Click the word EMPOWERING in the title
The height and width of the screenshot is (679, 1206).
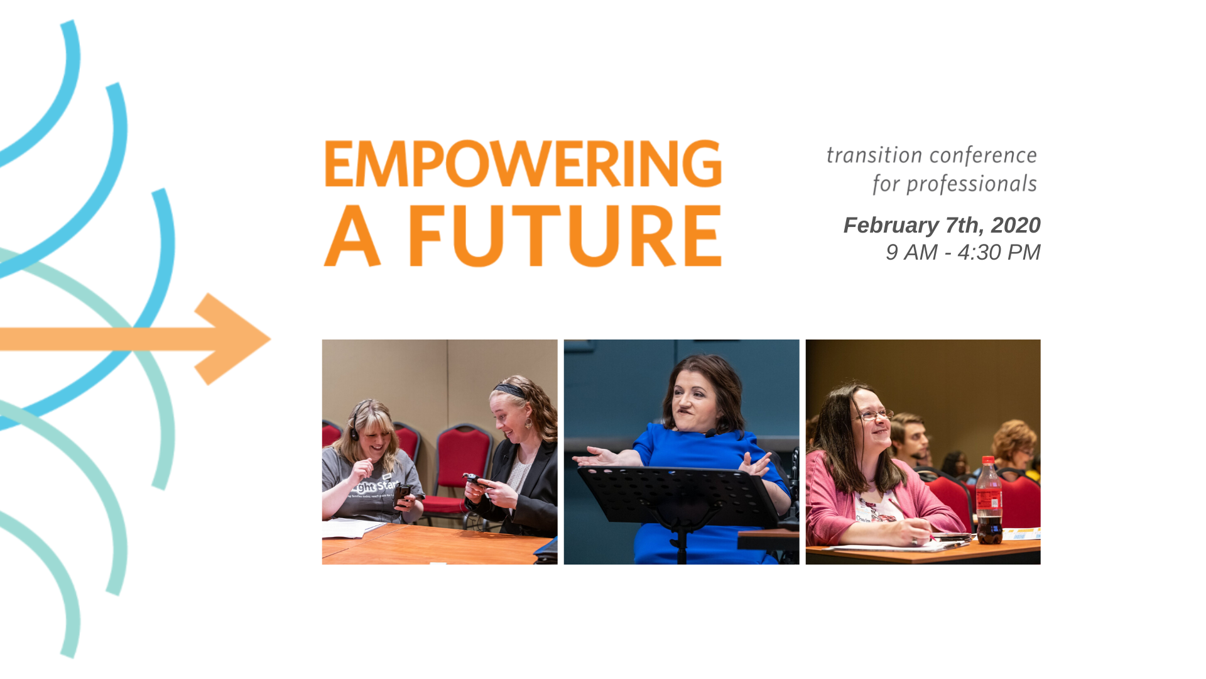point(523,163)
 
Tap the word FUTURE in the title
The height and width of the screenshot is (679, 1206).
point(565,236)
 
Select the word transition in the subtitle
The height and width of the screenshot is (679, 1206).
point(874,155)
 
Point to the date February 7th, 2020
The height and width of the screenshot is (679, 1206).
point(942,225)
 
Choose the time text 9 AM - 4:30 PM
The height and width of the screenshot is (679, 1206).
point(962,252)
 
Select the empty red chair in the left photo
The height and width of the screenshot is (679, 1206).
point(462,459)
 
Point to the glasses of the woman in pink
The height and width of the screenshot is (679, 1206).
point(874,415)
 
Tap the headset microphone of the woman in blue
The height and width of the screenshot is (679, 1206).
point(710,433)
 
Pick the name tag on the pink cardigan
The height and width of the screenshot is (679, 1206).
point(864,517)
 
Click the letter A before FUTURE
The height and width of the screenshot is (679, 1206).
point(352,236)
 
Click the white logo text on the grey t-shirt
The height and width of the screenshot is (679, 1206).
point(375,486)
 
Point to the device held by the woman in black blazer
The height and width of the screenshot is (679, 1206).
point(475,480)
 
